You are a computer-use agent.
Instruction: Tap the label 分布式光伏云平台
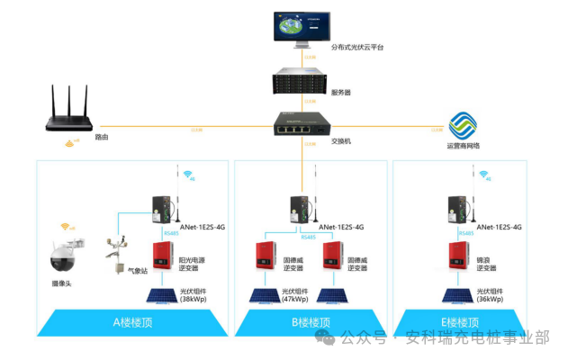coord(357,47)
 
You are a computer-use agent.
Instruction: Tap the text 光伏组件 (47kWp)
coord(294,294)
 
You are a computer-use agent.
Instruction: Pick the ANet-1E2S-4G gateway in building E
coord(457,209)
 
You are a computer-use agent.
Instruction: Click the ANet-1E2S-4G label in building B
coord(345,227)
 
